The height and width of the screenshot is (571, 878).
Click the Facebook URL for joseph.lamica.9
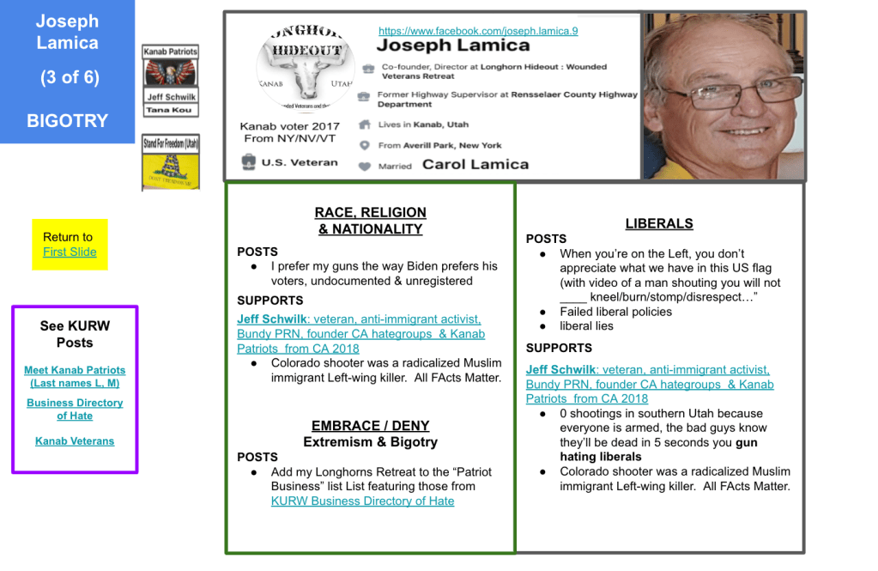pyautogui.click(x=478, y=31)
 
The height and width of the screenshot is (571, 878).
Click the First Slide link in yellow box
pyautogui.click(x=70, y=252)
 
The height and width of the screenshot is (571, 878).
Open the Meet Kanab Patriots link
pyautogui.click(x=75, y=376)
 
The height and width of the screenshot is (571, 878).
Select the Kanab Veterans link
pyautogui.click(x=75, y=440)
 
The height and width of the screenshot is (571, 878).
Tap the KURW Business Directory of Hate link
pyautogui.click(x=362, y=501)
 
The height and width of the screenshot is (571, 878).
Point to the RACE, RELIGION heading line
pyautogui.click(x=370, y=212)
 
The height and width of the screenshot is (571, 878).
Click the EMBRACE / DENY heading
pyautogui.click(x=370, y=425)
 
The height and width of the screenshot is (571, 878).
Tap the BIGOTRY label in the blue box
pyautogui.click(x=67, y=121)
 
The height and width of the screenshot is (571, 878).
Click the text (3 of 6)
pyautogui.click(x=70, y=77)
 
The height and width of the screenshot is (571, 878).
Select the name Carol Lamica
pyautogui.click(x=475, y=164)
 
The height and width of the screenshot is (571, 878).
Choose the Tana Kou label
pyautogui.click(x=170, y=110)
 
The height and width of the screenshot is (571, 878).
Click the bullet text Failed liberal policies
pyautogui.click(x=615, y=312)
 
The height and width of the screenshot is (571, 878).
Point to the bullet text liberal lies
pyautogui.click(x=586, y=326)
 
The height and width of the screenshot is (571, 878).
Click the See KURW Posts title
pyautogui.click(x=75, y=334)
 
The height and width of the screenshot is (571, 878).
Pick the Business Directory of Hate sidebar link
pyautogui.click(x=75, y=409)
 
